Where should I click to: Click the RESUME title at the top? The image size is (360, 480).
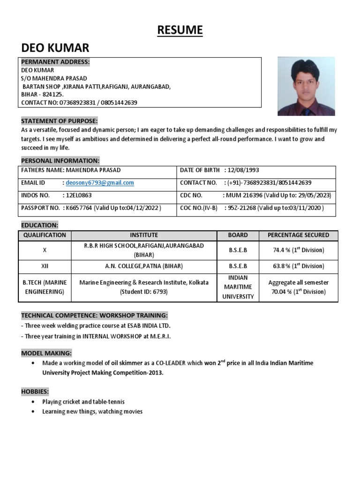(180, 30)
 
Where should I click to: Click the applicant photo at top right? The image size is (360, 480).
(306, 87)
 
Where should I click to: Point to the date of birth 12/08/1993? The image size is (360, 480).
(242, 170)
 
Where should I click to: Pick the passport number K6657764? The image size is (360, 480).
(80, 208)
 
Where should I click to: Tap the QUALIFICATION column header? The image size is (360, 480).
(45, 235)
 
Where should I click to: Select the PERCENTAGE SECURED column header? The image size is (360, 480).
(298, 235)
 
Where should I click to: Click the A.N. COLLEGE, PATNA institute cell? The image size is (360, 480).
(144, 266)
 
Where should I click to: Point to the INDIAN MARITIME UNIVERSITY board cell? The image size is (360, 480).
(238, 287)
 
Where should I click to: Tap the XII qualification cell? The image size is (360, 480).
(45, 266)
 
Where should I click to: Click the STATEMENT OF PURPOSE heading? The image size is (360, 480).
(59, 121)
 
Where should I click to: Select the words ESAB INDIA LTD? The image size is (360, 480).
(145, 325)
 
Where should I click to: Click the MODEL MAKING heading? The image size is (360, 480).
(46, 353)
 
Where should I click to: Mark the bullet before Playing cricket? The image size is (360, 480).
(32, 402)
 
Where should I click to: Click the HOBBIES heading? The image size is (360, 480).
(35, 391)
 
